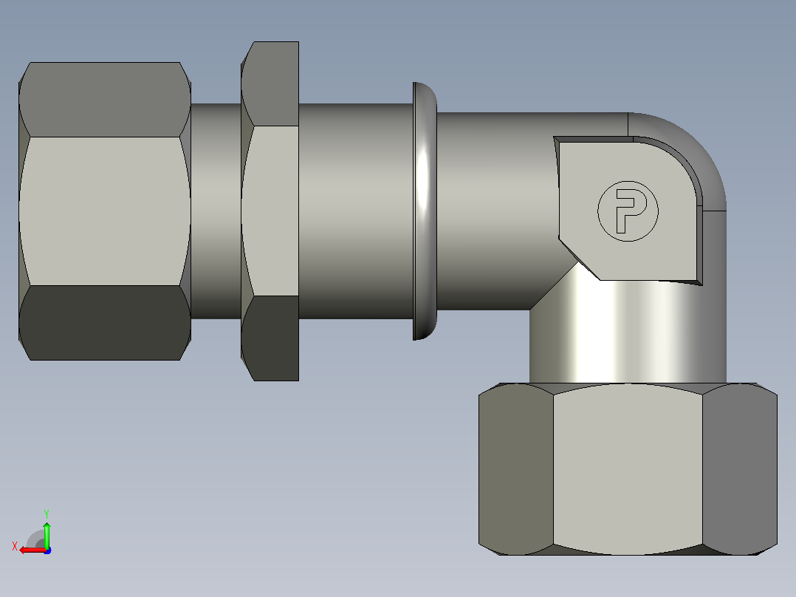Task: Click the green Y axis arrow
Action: pyautogui.click(x=47, y=535)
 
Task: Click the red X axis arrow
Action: pyautogui.click(x=33, y=550)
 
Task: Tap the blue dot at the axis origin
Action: pyautogui.click(x=47, y=550)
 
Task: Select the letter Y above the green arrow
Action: pyautogui.click(x=47, y=514)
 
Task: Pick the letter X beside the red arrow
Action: pyautogui.click(x=15, y=547)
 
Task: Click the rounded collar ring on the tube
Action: pyautogui.click(x=425, y=211)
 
